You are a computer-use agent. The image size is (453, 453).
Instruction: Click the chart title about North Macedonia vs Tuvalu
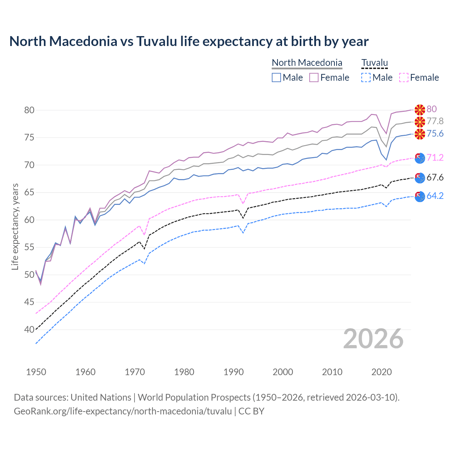click(189, 41)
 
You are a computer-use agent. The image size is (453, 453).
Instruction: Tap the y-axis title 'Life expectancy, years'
click(15, 226)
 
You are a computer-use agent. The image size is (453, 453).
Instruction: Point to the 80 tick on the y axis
click(29, 110)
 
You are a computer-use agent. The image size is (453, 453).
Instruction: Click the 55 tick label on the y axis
click(29, 247)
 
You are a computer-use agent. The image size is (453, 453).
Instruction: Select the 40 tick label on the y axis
click(29, 329)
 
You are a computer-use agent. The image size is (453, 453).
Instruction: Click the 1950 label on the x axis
click(36, 372)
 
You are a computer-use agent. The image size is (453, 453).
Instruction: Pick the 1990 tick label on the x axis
click(234, 372)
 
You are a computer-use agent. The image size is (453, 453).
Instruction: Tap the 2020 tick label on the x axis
click(382, 372)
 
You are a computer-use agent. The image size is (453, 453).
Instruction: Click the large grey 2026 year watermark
click(373, 339)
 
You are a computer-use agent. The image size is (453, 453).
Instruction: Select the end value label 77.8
click(435, 121)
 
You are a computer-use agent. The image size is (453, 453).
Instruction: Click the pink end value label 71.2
click(435, 157)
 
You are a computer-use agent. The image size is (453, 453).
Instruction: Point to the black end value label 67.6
click(435, 177)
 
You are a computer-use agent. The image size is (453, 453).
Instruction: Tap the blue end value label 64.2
click(435, 196)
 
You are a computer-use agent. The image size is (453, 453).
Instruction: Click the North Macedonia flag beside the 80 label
click(420, 110)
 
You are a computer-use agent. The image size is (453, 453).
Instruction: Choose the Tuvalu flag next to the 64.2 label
click(420, 196)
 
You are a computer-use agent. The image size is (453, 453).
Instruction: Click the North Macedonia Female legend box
click(314, 78)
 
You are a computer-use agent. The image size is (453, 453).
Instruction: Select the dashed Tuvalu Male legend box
click(366, 78)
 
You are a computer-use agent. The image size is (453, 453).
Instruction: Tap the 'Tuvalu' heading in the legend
click(374, 63)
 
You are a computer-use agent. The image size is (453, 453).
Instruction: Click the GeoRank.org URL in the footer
click(123, 411)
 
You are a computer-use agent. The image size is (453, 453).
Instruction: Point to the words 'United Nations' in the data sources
click(101, 397)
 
